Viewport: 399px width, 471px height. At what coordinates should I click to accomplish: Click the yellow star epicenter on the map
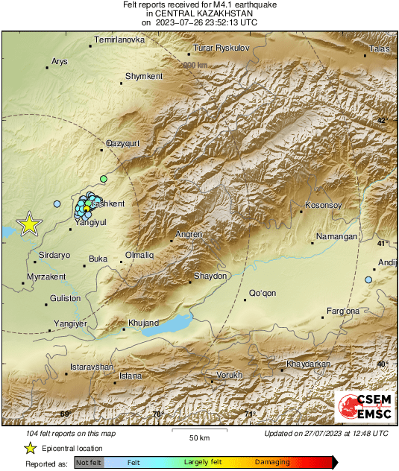[x=28, y=224]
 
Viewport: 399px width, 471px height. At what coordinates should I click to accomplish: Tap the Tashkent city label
[x=107, y=203]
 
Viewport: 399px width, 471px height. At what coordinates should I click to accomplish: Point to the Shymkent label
[x=144, y=76]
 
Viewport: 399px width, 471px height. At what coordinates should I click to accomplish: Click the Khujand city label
[x=144, y=323]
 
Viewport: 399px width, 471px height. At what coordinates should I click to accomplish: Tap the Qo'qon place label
[x=263, y=293]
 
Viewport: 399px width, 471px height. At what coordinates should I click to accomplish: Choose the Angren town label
[x=189, y=235]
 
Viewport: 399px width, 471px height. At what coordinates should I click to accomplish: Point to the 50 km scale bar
[x=198, y=432]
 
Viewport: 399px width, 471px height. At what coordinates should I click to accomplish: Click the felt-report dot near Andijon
[x=368, y=279]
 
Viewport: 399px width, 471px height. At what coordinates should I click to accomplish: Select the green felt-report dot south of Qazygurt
[x=104, y=179]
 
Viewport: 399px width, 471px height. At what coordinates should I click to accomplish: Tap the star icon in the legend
[x=30, y=448]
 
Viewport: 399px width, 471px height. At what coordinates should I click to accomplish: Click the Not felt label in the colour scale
[x=88, y=463]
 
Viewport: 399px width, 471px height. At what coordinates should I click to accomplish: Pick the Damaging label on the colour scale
[x=272, y=463]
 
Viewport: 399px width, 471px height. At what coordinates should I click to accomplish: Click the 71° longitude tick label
[x=250, y=414]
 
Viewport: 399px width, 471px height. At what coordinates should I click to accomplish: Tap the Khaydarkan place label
[x=309, y=364]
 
